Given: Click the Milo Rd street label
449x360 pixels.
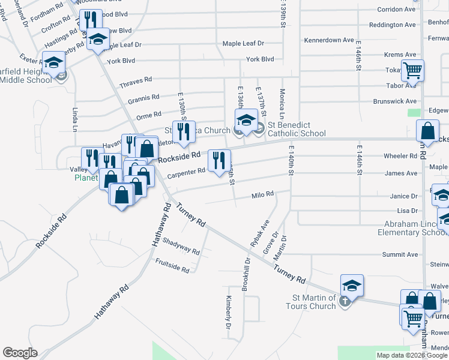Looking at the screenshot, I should click(262, 194).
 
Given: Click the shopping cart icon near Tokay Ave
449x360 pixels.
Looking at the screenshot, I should click(412, 70).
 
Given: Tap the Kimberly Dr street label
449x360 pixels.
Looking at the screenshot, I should click(229, 313).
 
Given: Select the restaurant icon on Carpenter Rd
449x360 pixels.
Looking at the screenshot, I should click(218, 160).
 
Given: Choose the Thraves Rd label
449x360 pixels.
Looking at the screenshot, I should click(136, 80).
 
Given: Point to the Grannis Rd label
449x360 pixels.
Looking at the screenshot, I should click(143, 97).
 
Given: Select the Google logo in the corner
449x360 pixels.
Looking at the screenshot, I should click(20, 352).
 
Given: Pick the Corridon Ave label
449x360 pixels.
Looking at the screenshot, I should click(396, 10).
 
